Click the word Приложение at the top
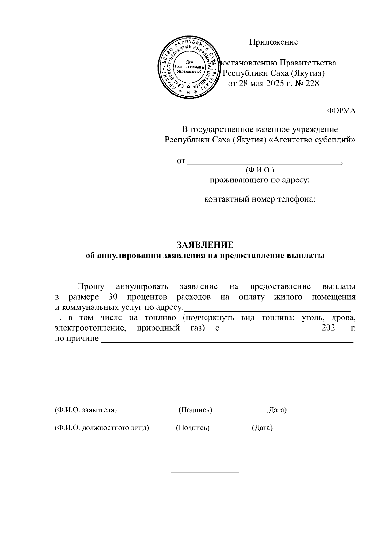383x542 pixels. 274,42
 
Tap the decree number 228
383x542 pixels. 312,84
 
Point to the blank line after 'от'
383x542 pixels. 264,162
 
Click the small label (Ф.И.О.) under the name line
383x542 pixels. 260,170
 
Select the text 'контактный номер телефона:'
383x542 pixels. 260,200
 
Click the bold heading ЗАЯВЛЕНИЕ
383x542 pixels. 205,245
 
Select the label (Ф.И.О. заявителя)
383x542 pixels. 86,410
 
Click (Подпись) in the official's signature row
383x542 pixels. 193,428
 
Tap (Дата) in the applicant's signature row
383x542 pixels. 276,410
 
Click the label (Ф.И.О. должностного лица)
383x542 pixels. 102,428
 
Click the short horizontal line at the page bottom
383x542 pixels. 205,472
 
